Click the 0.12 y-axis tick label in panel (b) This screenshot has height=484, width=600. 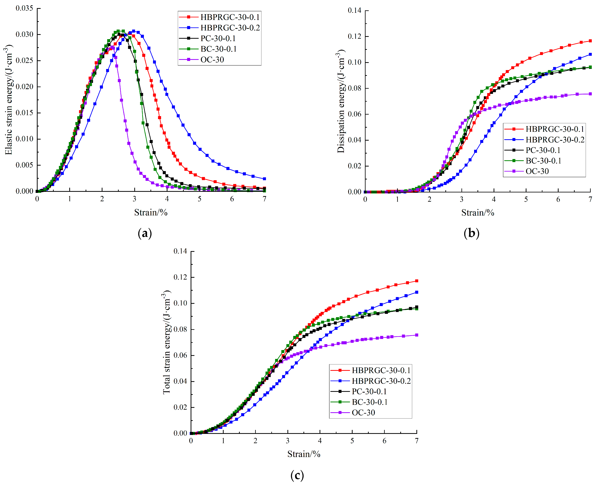tap(354, 37)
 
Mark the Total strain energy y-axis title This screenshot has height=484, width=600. tap(167, 342)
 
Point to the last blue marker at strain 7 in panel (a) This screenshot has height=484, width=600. tap(264, 179)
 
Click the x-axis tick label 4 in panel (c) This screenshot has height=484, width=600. tap(320, 441)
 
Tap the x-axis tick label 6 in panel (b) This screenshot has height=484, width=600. tap(558, 199)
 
